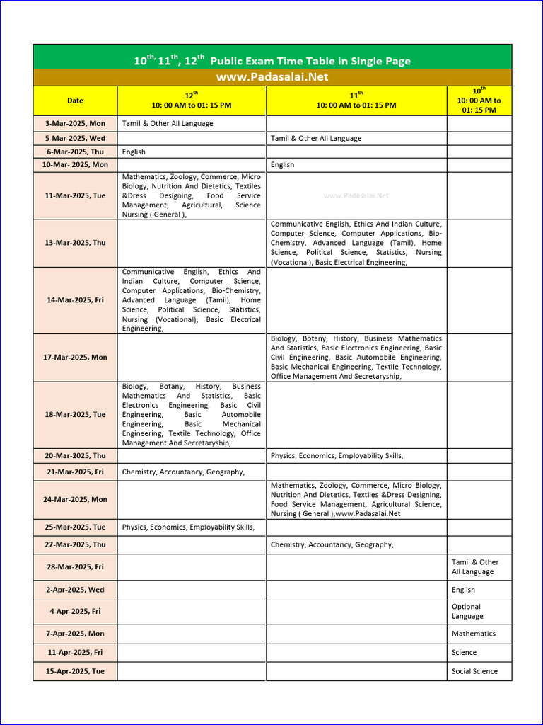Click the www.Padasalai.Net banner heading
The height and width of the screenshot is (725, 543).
(272, 77)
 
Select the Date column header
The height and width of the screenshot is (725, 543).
(75, 101)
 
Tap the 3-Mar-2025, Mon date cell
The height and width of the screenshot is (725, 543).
(75, 123)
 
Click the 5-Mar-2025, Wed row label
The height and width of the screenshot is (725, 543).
(75, 138)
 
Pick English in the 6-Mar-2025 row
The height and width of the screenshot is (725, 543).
(134, 152)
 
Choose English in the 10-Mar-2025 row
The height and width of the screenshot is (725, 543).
(282, 164)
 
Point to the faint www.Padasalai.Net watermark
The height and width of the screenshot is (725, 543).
(356, 195)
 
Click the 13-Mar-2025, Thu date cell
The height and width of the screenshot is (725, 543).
(75, 242)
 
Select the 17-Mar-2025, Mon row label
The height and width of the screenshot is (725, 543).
(75, 357)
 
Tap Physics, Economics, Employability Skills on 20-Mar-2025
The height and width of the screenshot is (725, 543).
(337, 455)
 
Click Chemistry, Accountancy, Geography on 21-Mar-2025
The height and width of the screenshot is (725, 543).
(183, 472)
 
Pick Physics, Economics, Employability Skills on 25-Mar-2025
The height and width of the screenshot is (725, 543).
(188, 527)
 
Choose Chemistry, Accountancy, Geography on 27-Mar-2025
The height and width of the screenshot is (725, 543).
(332, 544)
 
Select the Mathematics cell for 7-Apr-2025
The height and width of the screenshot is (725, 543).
(474, 634)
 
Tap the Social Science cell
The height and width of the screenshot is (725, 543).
(474, 671)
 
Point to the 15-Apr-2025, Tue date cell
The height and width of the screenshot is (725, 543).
(75, 671)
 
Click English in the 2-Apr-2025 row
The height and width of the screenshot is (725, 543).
(463, 590)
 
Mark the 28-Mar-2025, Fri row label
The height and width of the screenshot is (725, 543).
(75, 566)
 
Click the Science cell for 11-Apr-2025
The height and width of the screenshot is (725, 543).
(464, 652)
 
